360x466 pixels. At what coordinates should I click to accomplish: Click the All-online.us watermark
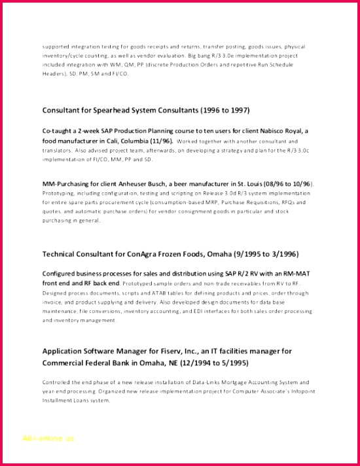[48, 439]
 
